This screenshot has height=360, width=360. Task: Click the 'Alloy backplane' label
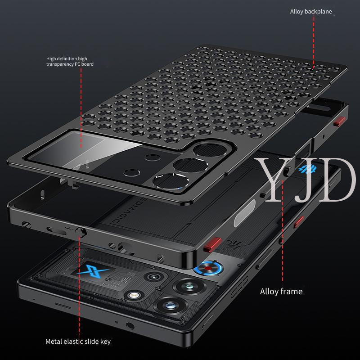311,12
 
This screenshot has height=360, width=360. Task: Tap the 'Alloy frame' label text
281,292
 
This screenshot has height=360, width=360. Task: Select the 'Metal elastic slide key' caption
78,342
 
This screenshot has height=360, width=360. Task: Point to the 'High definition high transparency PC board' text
70,62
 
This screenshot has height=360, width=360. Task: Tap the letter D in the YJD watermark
336,180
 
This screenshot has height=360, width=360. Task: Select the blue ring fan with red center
208,268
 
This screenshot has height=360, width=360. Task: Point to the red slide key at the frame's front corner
212,245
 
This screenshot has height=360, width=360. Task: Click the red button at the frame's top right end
339,121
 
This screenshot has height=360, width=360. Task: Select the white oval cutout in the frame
244,213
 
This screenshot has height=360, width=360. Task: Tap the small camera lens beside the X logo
153,277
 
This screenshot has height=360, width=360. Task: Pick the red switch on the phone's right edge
299,222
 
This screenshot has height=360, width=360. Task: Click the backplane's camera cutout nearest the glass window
171,181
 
